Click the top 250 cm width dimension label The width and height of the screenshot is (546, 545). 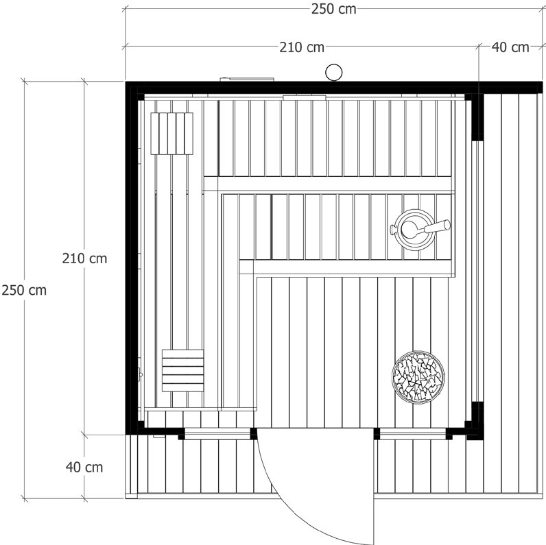click(x=333, y=10)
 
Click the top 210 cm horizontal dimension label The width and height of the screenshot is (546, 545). click(x=302, y=47)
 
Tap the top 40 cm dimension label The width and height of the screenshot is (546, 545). click(x=510, y=47)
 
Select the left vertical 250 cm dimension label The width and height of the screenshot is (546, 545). click(x=24, y=290)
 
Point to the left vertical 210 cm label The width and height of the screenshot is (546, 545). click(x=84, y=258)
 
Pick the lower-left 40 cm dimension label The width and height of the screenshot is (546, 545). click(x=84, y=467)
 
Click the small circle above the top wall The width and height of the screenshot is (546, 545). click(x=333, y=73)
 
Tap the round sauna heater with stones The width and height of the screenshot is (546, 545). click(x=418, y=378)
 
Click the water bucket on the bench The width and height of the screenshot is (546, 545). click(x=413, y=229)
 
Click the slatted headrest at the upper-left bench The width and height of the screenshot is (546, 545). click(x=171, y=133)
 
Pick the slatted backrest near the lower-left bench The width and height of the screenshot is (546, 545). click(x=183, y=371)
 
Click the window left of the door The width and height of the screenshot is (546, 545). click(x=217, y=434)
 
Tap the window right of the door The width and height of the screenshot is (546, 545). click(x=413, y=434)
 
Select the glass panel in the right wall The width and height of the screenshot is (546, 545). click(x=475, y=271)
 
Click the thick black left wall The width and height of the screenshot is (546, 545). click(x=132, y=258)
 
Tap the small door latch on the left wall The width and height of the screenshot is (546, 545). click(x=141, y=374)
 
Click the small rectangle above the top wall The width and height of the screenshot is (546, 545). click(x=247, y=80)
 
